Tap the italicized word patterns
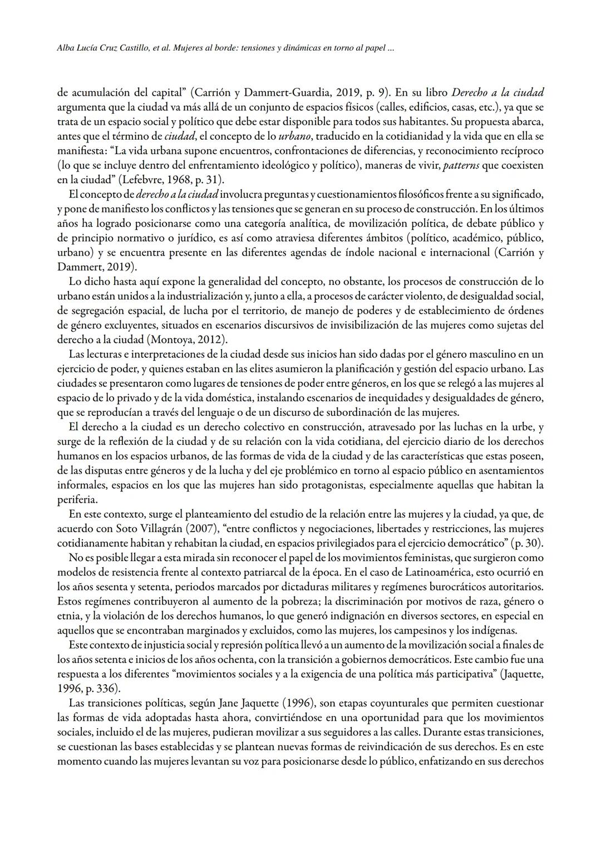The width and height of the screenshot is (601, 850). (461, 165)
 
